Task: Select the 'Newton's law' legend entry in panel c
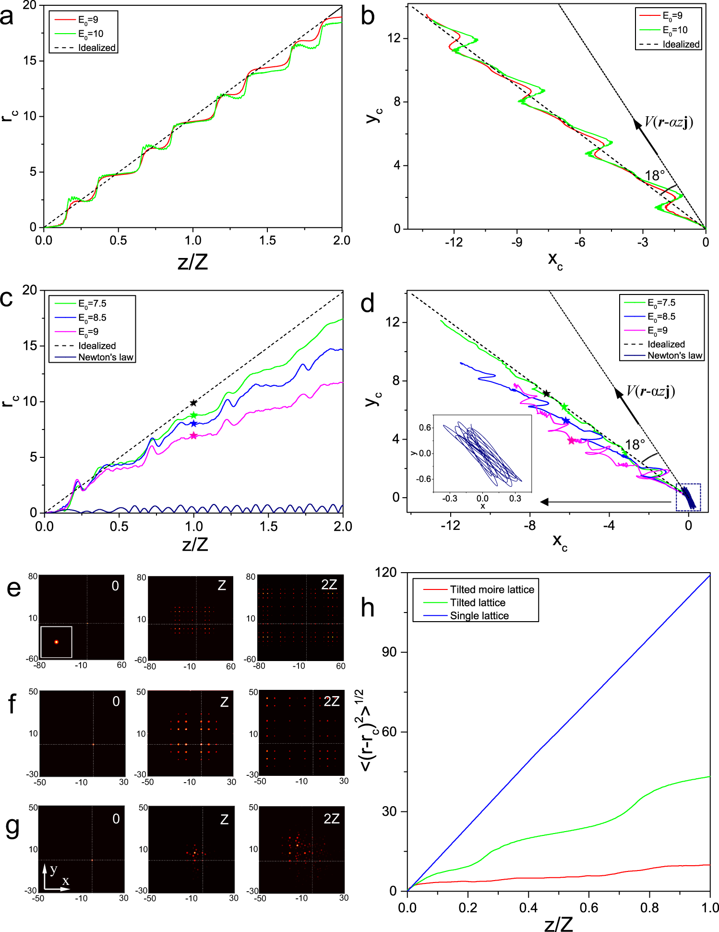tap(106, 357)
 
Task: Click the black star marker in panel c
tap(193, 403)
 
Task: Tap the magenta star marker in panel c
tap(193, 436)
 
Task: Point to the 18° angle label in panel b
tap(655, 176)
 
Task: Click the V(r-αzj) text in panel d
tap(650, 392)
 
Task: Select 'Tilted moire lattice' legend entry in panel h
tap(491, 589)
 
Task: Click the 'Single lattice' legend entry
tap(479, 616)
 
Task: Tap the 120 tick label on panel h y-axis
tap(386, 573)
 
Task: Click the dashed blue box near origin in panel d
tap(688, 497)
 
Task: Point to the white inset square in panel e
tap(56, 642)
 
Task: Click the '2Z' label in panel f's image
tap(331, 701)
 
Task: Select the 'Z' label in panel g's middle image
tap(224, 819)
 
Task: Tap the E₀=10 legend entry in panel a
tap(91, 34)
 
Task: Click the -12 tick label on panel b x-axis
tap(454, 242)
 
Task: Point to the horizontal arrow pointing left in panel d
tap(605, 502)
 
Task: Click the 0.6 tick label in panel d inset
tap(425, 428)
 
